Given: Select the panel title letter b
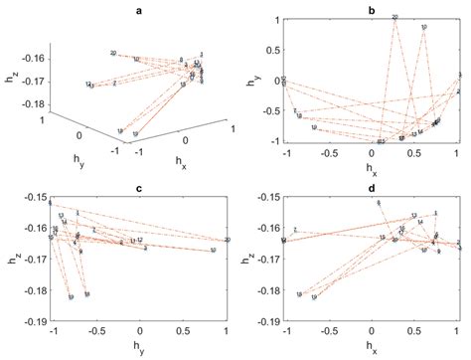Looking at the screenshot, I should pos(371,9).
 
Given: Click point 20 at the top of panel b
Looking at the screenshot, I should pos(394,17).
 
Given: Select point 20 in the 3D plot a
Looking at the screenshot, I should pos(113,53).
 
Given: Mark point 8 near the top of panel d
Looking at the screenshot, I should pos(379,203).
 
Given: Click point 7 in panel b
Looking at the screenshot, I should pos(295,109).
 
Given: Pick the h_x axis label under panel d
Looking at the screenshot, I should pos(373,349).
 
